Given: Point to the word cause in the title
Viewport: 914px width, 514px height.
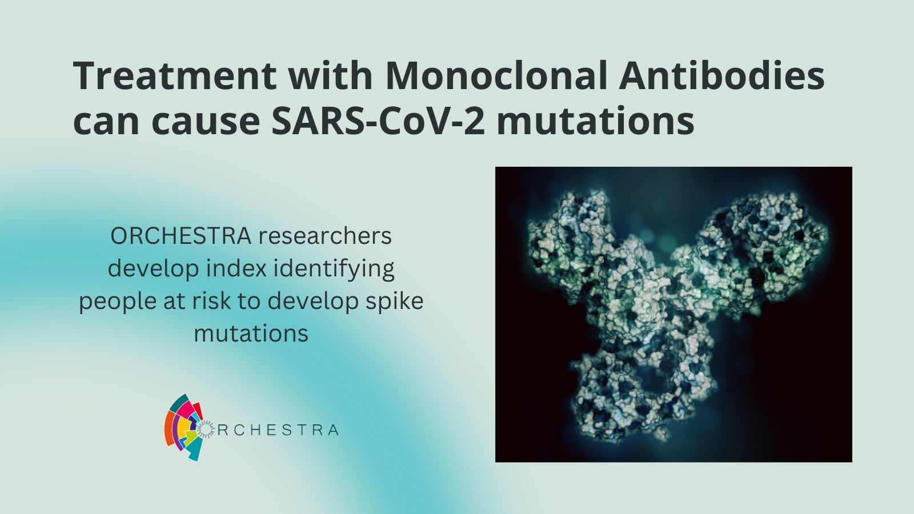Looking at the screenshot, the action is (206, 122).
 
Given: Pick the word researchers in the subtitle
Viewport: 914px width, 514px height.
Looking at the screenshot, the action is (325, 236).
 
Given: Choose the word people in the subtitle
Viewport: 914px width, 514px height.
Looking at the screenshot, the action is (118, 302).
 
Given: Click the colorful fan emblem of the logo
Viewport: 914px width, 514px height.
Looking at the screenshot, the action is (185, 427).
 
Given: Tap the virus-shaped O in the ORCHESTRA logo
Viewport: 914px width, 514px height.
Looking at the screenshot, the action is (206, 430).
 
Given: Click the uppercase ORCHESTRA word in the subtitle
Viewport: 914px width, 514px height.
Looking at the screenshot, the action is (181, 236).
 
